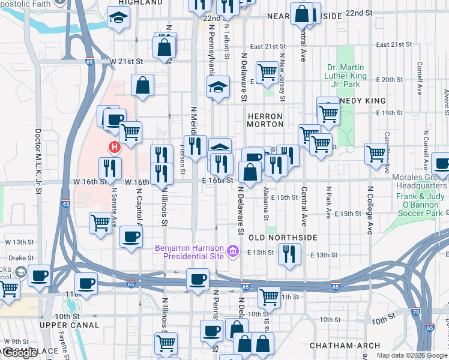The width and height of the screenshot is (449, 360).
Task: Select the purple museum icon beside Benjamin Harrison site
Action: pos(232,254)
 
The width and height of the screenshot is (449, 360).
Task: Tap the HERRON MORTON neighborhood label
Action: pos(265,120)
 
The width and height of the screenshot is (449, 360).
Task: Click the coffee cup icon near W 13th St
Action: pos(131,236)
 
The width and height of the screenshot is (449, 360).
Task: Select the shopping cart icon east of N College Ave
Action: pos(376,153)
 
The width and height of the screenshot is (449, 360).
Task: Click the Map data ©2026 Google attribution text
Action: pos(412,355)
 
